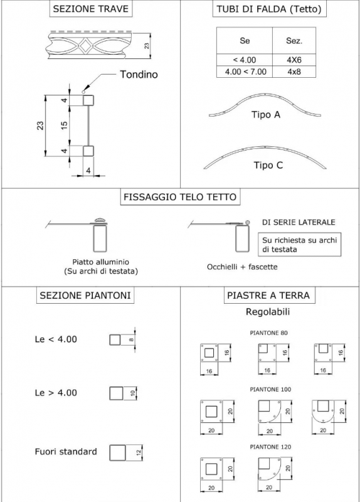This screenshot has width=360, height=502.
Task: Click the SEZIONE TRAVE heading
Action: (x=91, y=9)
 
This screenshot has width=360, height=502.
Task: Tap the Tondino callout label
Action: (x=139, y=74)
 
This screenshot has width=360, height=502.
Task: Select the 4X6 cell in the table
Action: (x=294, y=60)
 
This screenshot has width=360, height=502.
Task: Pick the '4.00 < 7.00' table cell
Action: (x=245, y=72)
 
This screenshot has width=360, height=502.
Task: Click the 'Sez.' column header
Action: (x=294, y=41)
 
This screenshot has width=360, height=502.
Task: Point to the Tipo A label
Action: (x=265, y=114)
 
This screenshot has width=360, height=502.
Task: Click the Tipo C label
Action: (x=268, y=165)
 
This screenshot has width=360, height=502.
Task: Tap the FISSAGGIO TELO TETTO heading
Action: (x=180, y=196)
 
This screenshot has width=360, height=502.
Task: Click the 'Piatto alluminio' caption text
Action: (x=100, y=262)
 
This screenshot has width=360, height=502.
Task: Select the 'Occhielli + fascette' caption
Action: (x=242, y=267)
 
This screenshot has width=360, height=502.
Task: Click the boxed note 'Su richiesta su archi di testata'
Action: (x=300, y=244)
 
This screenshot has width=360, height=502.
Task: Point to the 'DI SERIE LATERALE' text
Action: (x=299, y=222)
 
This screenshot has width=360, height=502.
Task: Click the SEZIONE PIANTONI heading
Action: (x=85, y=295)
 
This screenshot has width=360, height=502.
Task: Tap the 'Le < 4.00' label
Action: (x=56, y=339)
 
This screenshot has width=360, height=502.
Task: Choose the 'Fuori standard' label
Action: (x=66, y=451)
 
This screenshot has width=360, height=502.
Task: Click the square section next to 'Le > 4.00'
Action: (x=116, y=393)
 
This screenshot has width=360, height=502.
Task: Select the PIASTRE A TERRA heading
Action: (x=268, y=295)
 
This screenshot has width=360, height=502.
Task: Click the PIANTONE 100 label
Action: (x=270, y=389)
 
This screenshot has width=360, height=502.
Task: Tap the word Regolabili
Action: (x=268, y=311)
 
